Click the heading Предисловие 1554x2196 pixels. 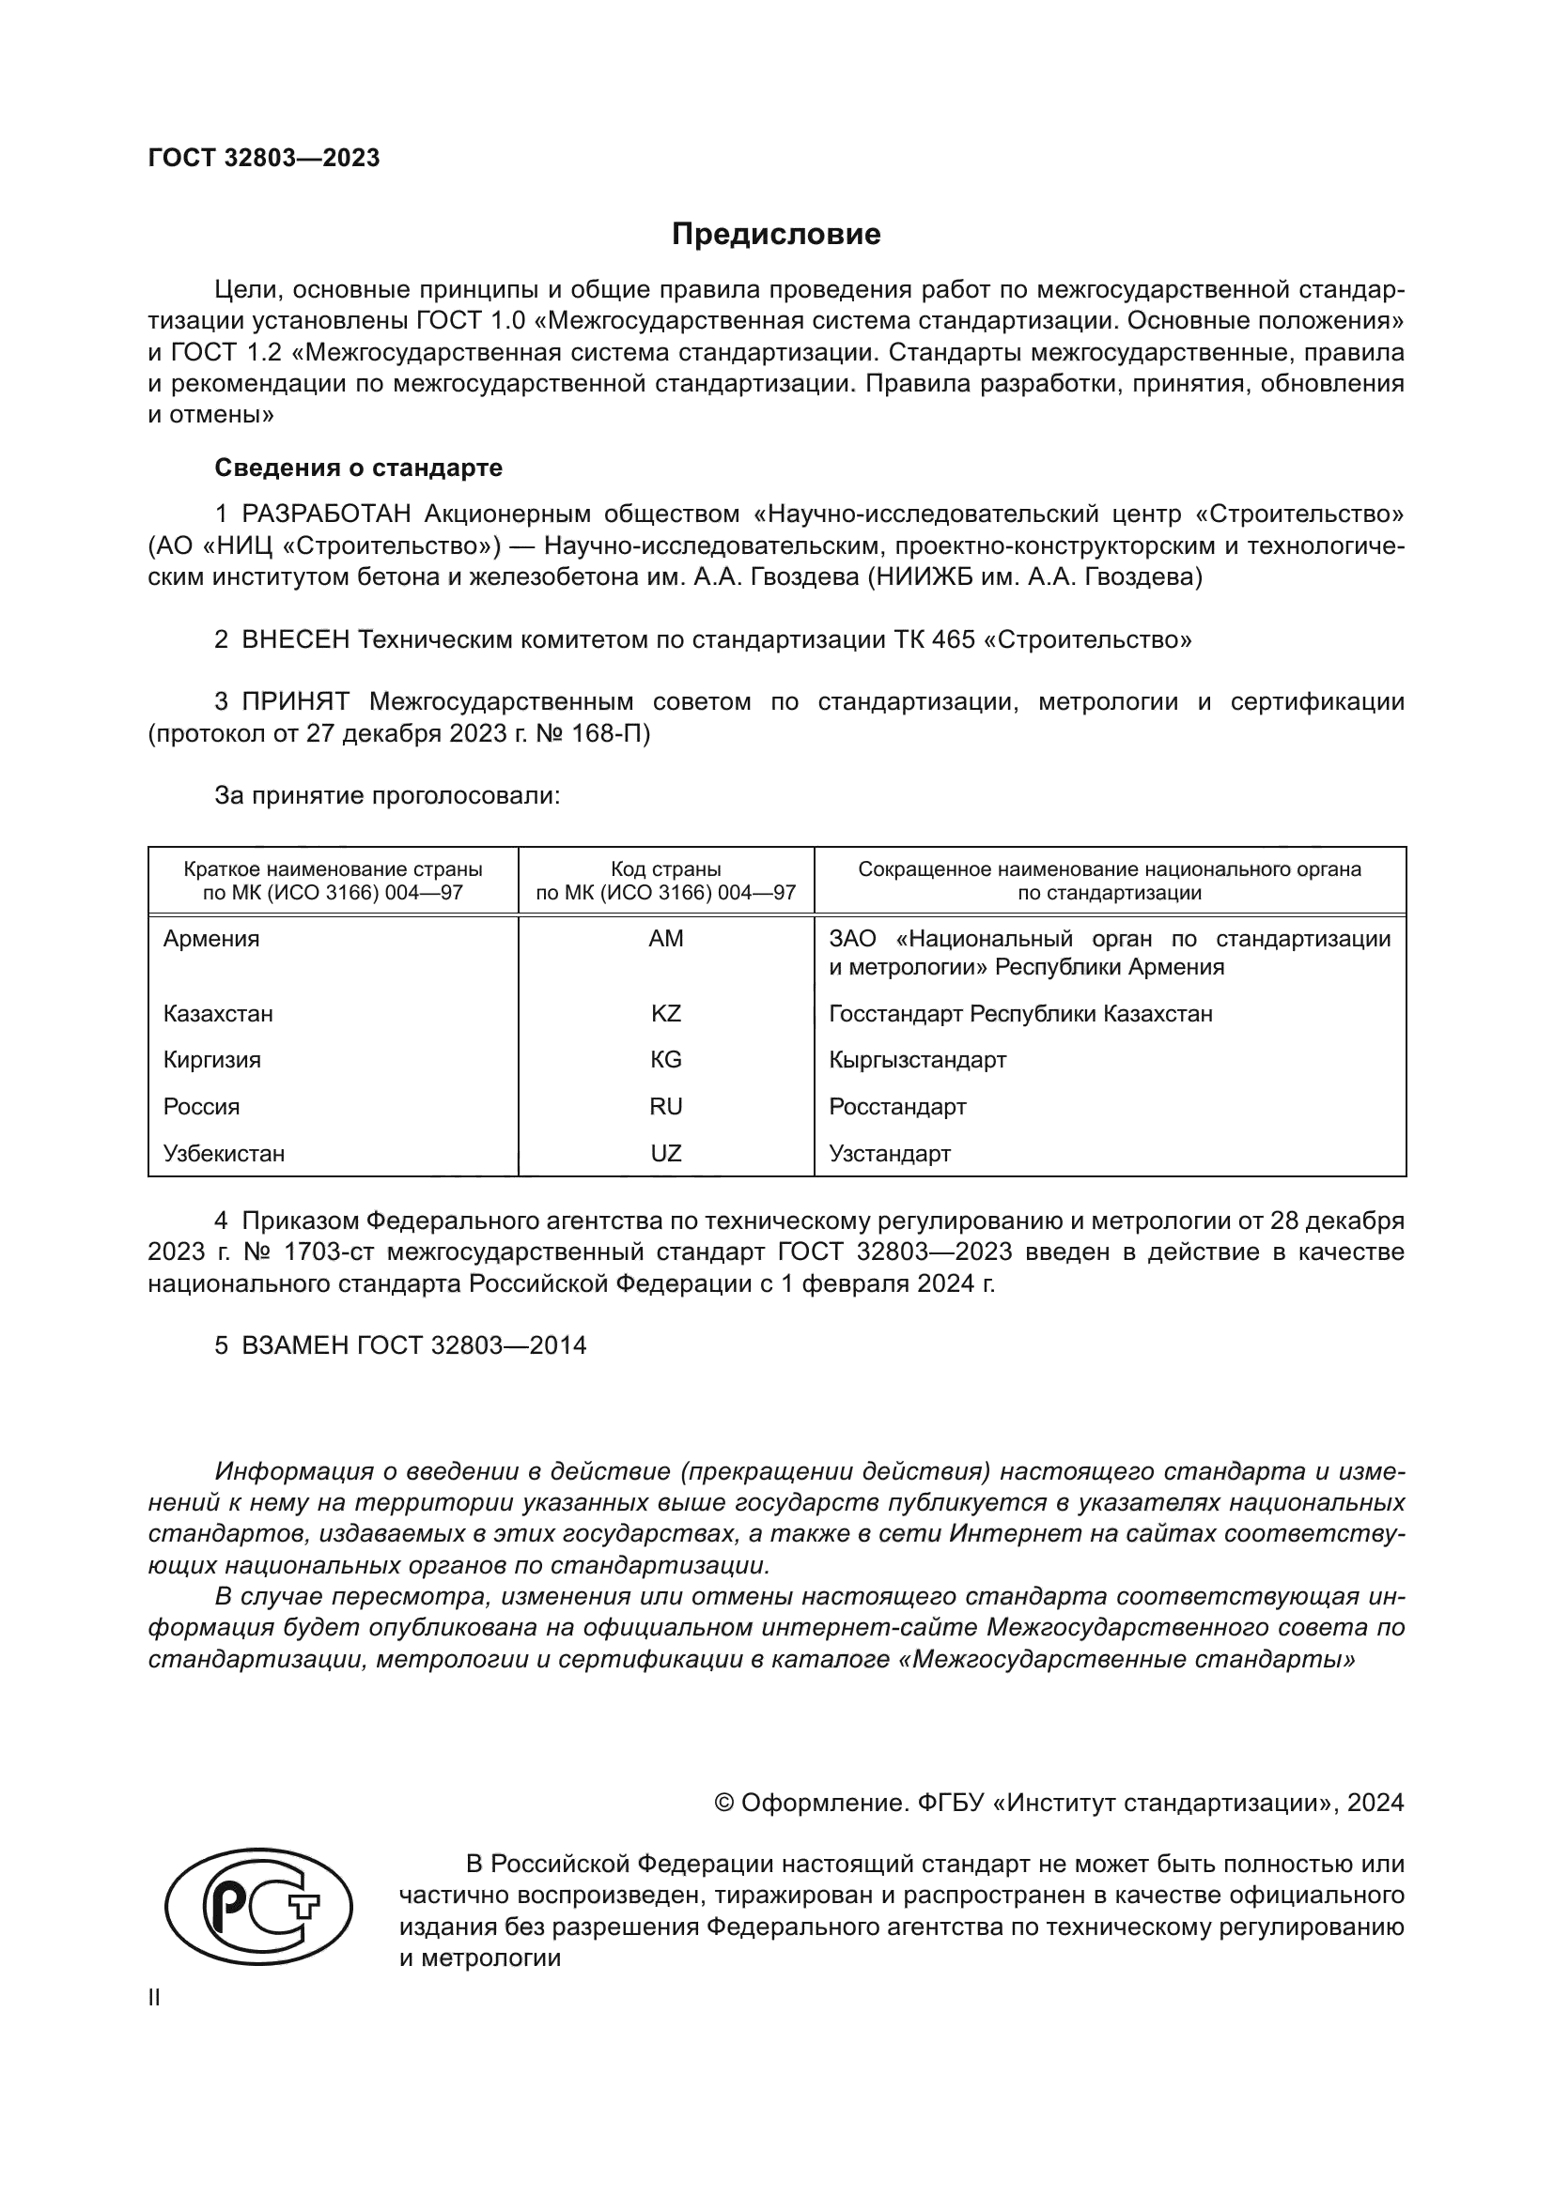pos(775,235)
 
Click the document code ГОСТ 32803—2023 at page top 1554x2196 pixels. pos(264,158)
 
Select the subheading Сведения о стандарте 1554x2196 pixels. pos(358,468)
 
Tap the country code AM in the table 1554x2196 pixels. pos(666,938)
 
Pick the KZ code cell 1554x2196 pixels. pos(666,1013)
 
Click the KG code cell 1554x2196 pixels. pos(666,1060)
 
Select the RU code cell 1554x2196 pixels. pos(666,1107)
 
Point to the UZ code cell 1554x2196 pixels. pos(666,1154)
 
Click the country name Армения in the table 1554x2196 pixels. pos(211,938)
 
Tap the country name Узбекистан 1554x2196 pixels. pos(224,1154)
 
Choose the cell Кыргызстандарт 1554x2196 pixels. pos(917,1060)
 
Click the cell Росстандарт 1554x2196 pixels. pos(896,1107)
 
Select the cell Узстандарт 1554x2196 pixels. pos(889,1154)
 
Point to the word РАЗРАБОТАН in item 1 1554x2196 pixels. pos(325,514)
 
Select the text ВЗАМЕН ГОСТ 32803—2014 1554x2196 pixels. pos(413,1345)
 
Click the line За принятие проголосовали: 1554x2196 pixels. pos(386,796)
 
